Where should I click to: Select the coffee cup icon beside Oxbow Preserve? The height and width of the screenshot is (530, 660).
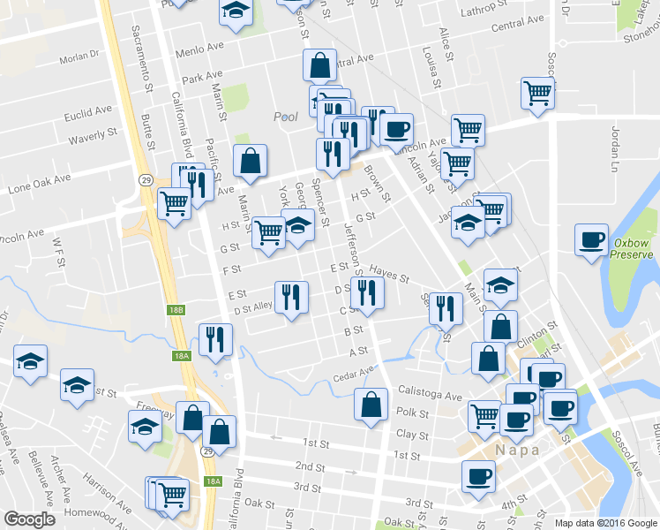(x=590, y=240)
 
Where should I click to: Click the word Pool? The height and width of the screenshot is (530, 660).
(x=286, y=117)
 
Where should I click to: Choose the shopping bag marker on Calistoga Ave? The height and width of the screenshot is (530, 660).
(x=371, y=405)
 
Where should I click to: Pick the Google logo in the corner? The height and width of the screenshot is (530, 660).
(x=29, y=519)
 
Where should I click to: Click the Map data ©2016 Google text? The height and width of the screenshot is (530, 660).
(x=604, y=523)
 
